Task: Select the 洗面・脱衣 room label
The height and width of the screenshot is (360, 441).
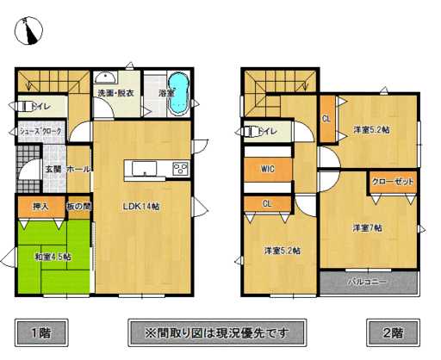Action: pos(115,93)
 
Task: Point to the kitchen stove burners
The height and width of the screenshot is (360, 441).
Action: pos(181,168)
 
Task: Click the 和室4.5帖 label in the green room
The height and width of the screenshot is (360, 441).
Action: pos(53,256)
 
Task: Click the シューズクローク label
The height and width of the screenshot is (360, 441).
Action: pos(40,131)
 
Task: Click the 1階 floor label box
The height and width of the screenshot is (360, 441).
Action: pos(40,332)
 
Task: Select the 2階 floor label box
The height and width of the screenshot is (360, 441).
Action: pos(393,332)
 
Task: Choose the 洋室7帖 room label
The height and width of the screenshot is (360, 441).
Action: pos(367,228)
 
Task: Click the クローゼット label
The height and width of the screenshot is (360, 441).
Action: pos(392,183)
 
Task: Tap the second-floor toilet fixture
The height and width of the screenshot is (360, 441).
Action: pos(252,132)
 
